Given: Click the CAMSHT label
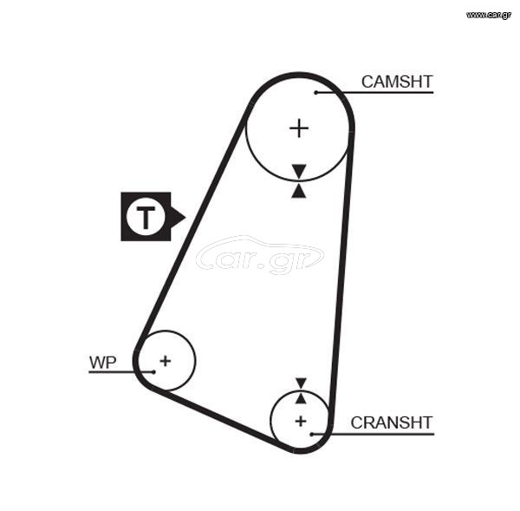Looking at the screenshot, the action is (397, 82).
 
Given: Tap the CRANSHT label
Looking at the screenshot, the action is (392, 423).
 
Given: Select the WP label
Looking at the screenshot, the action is (103, 363).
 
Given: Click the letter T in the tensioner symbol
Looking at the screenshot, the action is (146, 217).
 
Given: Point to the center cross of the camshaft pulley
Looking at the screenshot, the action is (299, 128).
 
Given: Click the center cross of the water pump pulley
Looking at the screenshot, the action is (166, 361).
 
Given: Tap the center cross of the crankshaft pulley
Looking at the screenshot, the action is (301, 421).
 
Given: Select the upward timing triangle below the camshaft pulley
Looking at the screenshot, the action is (298, 191).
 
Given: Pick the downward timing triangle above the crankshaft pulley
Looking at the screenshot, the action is (301, 383).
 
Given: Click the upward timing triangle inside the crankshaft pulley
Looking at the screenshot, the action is (301, 398).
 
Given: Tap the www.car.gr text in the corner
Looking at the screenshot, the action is (489, 15).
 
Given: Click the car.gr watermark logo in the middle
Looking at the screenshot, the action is (260, 255).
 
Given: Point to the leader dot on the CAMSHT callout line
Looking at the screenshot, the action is (316, 92).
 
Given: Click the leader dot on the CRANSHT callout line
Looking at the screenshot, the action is (311, 434).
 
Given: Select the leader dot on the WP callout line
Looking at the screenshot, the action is (153, 372).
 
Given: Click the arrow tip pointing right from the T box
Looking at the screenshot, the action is (185, 218).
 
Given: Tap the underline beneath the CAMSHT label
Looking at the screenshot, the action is (374, 92).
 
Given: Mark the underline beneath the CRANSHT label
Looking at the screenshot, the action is (373, 434).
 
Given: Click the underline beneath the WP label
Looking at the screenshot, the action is (121, 372).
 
